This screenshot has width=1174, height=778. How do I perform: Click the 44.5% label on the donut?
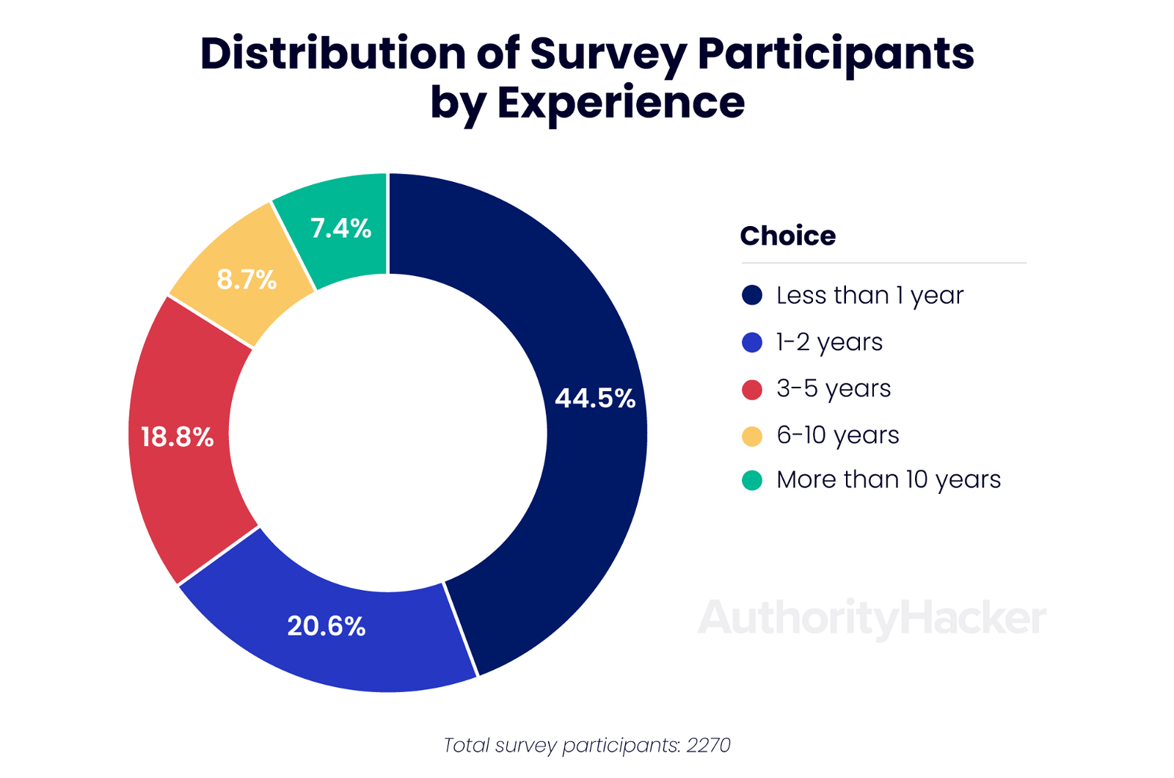[595, 398]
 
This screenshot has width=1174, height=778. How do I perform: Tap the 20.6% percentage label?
[326, 626]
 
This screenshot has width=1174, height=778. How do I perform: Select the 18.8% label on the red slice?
[177, 437]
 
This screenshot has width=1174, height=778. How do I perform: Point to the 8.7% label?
[247, 280]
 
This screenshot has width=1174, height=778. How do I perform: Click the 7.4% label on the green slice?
[340, 228]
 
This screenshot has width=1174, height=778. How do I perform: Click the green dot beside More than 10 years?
[752, 480]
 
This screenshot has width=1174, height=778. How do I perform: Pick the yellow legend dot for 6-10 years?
[752, 436]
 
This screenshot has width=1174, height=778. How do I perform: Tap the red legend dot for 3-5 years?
[752, 389]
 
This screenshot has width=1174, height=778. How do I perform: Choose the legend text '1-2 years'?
[829, 342]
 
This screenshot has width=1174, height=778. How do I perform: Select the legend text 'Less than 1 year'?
[869, 295]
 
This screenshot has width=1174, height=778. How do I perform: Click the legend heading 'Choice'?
[787, 236]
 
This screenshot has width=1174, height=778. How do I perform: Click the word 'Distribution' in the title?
[332, 54]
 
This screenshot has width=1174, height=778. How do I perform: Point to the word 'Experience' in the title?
[621, 102]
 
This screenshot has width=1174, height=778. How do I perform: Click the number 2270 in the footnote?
[708, 745]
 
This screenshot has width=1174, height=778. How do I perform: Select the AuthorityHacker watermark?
[872, 618]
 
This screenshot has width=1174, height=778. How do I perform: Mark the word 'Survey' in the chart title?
[608, 54]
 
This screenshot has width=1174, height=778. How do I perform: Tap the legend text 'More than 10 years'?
[888, 480]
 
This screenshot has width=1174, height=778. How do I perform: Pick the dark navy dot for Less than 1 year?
[752, 295]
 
